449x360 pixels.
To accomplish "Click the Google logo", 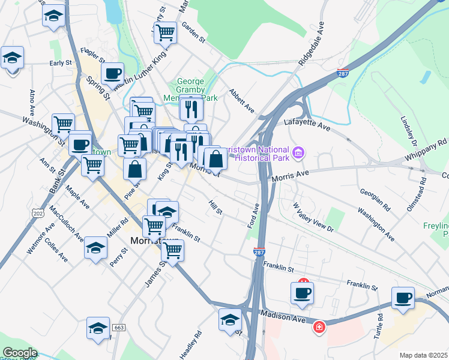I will point(19,353).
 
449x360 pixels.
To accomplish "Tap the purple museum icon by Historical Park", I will point(298,154).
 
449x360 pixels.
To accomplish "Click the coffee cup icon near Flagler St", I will point(112,73).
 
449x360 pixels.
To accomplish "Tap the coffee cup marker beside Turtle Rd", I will point(403,297).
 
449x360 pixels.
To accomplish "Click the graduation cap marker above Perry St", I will point(95,247).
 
